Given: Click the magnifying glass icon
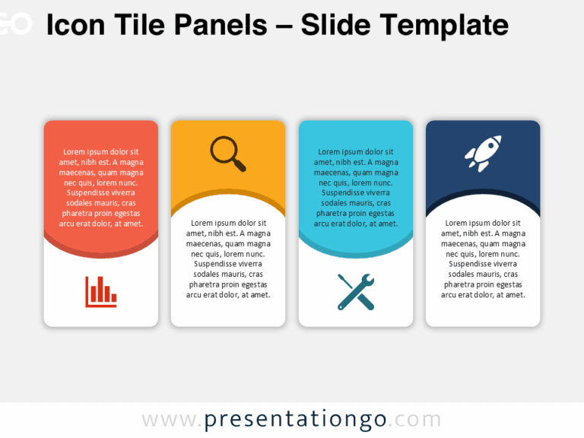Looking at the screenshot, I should pyautogui.click(x=227, y=153).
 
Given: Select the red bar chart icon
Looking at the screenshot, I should pyautogui.click(x=101, y=291).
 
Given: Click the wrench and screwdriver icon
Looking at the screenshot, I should pyautogui.click(x=356, y=291).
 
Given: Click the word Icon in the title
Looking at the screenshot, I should pyautogui.click(x=72, y=25).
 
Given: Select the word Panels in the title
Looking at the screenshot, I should pyautogui.click(x=221, y=25).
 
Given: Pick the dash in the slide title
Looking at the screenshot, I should pyautogui.click(x=284, y=27).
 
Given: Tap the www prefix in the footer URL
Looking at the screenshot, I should pyautogui.click(x=168, y=420).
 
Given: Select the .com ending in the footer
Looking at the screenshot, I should pyautogui.click(x=417, y=420).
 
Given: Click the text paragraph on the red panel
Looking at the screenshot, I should pyautogui.click(x=101, y=187).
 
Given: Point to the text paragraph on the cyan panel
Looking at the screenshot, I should pyautogui.click(x=356, y=187).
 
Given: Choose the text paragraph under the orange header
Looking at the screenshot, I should pyautogui.click(x=228, y=259).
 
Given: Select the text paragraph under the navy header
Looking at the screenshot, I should pyautogui.click(x=483, y=259).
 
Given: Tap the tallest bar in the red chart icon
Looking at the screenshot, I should pyautogui.click(x=95, y=290).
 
